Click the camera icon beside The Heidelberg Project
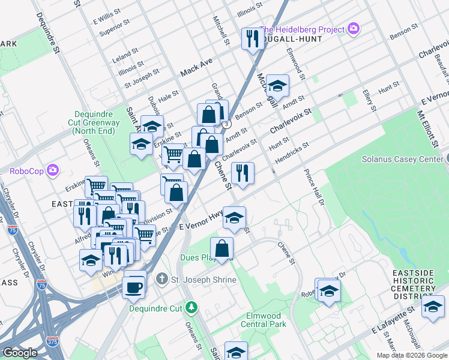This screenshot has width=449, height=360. click(x=354, y=29)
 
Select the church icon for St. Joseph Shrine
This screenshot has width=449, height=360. click(x=161, y=279)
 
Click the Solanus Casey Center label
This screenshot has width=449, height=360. click(x=401, y=160)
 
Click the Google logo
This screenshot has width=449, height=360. click(x=20, y=353)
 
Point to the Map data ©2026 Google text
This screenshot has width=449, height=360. click(x=412, y=355)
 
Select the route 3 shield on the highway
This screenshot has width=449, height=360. click(x=226, y=124)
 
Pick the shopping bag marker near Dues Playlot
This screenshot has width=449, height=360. click(x=221, y=248)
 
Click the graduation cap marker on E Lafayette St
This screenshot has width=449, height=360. click(x=432, y=307)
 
